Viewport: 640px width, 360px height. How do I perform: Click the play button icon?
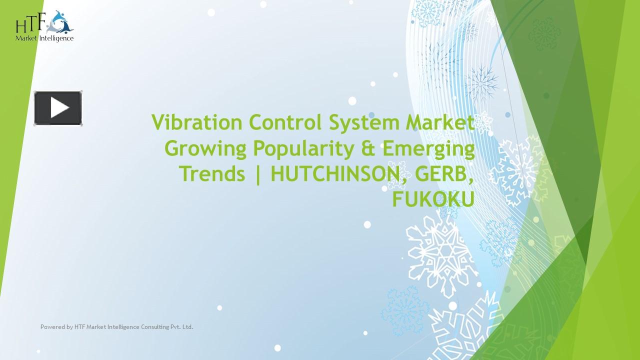(x=58, y=108)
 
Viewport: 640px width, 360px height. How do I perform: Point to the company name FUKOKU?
(x=433, y=199)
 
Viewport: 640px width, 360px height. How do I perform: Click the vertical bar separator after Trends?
(x=258, y=174)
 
